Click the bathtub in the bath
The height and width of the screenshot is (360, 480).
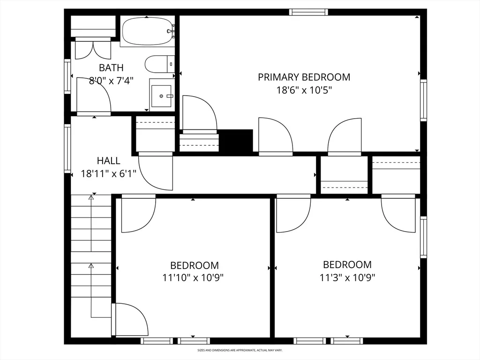click(147, 31)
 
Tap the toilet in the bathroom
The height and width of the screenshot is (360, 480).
click(159, 64)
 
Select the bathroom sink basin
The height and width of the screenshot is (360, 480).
click(161, 96)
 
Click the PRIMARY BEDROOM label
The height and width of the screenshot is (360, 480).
click(304, 77)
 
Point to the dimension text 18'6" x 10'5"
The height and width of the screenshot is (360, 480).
click(304, 90)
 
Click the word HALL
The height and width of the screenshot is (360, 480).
click(108, 161)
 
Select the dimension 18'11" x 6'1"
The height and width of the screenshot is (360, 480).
click(108, 174)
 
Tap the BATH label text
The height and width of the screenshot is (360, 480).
click(111, 67)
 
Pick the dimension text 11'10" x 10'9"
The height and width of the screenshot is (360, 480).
click(193, 278)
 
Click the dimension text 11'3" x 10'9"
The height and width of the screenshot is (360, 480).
click(347, 277)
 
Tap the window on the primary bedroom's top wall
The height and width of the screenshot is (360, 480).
click(308, 12)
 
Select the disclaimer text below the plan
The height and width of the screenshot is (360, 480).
click(240, 350)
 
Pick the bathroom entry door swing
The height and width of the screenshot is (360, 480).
click(93, 96)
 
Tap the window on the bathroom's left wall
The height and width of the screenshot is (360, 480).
click(67, 76)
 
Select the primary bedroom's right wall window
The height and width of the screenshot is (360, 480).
click(423, 100)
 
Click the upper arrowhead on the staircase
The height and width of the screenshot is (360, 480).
click(91, 198)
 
